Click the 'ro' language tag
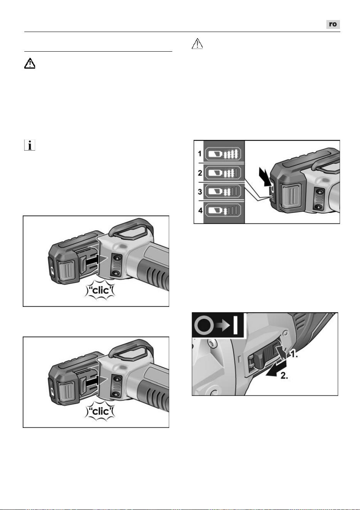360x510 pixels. tap(333, 24)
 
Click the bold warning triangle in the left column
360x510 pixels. tap(30, 63)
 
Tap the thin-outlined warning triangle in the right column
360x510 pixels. tap(197, 44)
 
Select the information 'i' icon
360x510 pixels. tap(30, 145)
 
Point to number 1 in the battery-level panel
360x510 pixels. tap(200, 154)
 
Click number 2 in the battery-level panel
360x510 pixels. tap(200, 173)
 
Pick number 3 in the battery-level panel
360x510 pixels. tap(200, 192)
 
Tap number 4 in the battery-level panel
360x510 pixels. tap(200, 210)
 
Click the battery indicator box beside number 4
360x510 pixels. tap(223, 210)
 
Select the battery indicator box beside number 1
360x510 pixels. tap(223, 154)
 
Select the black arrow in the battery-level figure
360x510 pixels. tap(265, 177)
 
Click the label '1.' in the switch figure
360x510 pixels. tap(293, 354)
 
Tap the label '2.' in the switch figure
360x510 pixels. tap(284, 375)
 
